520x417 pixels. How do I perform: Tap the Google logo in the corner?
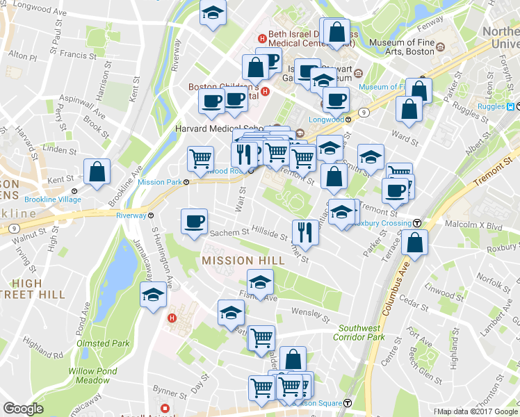pyautogui.click(x=23, y=409)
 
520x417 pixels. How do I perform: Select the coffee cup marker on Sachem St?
pyautogui.click(x=194, y=222)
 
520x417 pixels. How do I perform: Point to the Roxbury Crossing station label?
pyautogui.click(x=383, y=224)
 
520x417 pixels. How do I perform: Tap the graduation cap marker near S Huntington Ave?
pyautogui.click(x=153, y=295)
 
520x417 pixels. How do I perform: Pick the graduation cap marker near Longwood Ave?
pyautogui.click(x=213, y=13)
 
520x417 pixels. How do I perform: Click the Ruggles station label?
pyautogui.click(x=491, y=107)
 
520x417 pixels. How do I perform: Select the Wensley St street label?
pyautogui.click(x=310, y=313)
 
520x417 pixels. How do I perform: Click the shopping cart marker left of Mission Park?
pyautogui.click(x=200, y=158)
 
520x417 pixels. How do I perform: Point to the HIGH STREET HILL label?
pyautogui.click(x=38, y=288)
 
